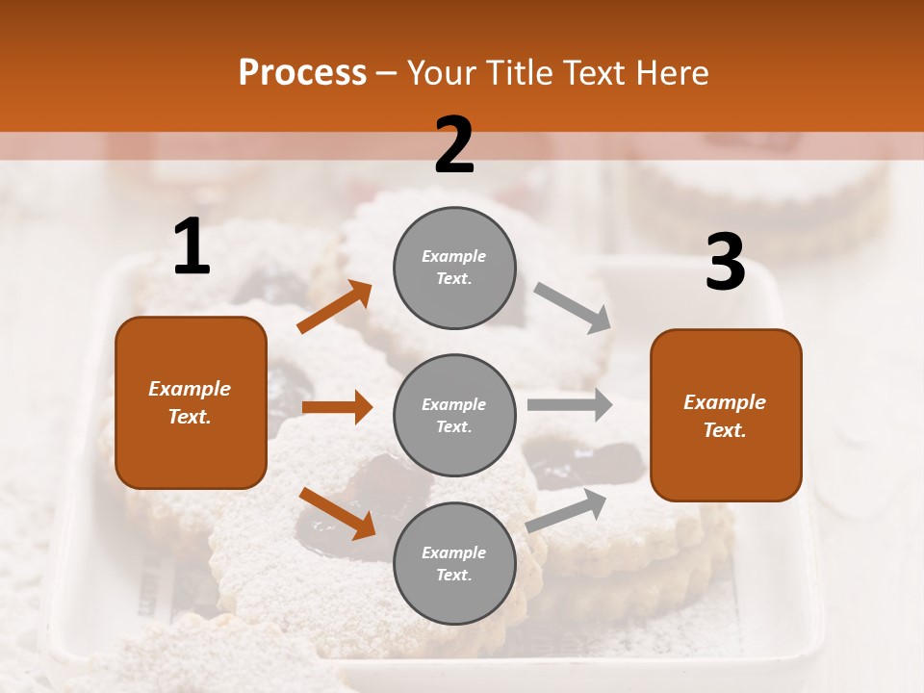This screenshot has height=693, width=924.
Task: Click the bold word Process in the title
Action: click(302, 73)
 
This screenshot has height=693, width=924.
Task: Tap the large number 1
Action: click(192, 247)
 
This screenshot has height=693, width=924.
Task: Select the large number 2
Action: click(454, 145)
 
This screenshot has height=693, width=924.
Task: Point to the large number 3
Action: click(725, 263)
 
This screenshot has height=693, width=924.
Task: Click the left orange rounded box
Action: click(191, 402)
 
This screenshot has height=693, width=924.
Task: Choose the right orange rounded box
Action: click(726, 416)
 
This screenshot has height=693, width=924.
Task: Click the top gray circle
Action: click(454, 268)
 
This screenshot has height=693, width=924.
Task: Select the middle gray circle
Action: click(454, 415)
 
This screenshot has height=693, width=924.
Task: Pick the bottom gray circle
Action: click(454, 563)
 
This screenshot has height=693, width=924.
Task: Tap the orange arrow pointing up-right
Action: click(335, 307)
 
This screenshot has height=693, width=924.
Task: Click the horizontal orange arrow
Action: click(337, 407)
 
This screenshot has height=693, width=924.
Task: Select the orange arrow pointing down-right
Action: click(337, 513)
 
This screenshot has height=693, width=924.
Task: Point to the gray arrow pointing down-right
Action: click(573, 308)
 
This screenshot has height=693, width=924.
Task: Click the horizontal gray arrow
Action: click(569, 404)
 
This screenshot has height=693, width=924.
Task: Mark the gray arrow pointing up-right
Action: click(567, 510)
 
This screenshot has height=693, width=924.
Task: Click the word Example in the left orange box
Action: click(190, 389)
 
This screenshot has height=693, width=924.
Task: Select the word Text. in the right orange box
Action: click(725, 430)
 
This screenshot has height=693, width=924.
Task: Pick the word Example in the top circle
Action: click(454, 256)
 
